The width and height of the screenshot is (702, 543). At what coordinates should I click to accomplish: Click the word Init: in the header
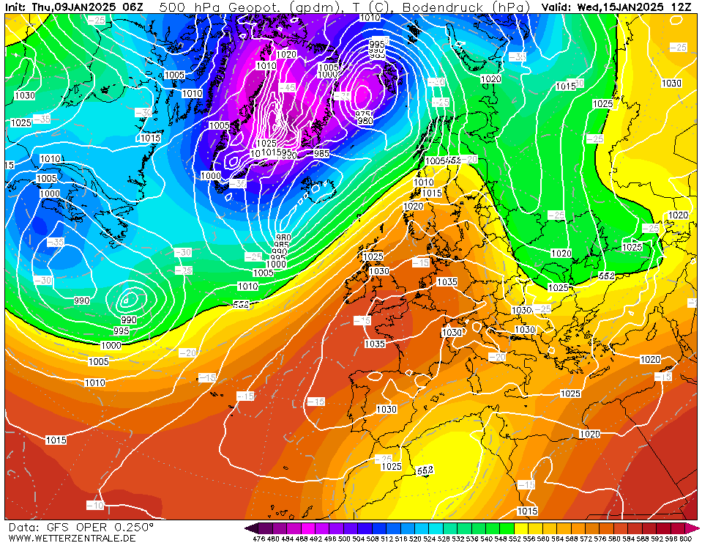pos(16,7)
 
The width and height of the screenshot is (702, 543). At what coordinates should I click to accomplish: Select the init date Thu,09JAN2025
pos(72,7)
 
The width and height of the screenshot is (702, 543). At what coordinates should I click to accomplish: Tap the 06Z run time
pos(132,7)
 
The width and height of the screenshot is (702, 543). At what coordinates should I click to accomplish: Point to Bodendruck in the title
pos(449,7)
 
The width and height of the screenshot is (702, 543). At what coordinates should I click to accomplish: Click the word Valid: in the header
pos(557,7)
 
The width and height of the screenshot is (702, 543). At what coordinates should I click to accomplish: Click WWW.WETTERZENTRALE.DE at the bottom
pos(72,538)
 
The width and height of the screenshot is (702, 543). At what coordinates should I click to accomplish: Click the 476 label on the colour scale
pos(258,539)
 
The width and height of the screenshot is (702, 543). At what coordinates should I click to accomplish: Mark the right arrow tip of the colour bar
pos(698,528)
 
